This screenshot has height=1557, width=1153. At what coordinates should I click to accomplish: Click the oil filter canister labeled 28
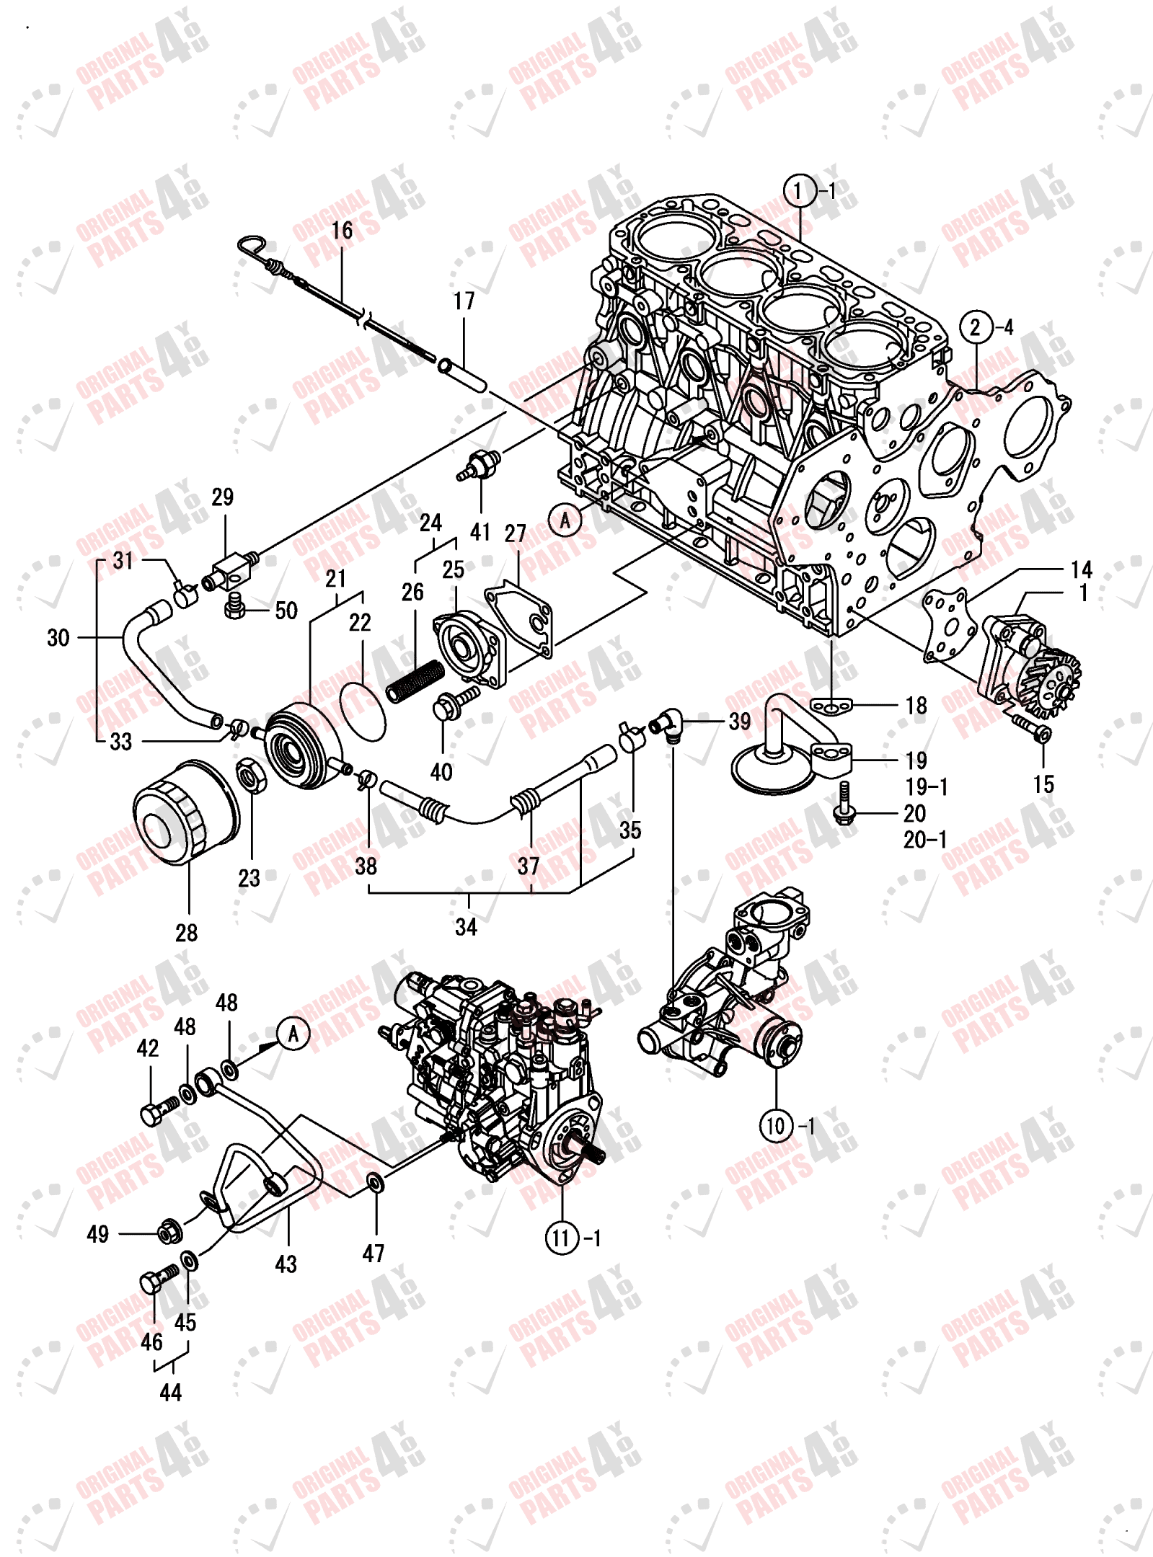pyautogui.click(x=185, y=810)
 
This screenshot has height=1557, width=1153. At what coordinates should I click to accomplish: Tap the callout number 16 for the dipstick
pyautogui.click(x=342, y=231)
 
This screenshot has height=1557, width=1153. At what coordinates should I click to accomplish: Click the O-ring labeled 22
pyautogui.click(x=363, y=711)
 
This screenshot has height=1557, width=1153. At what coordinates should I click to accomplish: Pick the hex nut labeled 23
pyautogui.click(x=251, y=776)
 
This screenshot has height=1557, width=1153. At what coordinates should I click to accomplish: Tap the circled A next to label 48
pyautogui.click(x=293, y=1034)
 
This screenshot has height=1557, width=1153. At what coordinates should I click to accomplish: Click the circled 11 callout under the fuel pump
pyautogui.click(x=562, y=1238)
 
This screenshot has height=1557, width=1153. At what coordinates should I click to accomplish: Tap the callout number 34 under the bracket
pyautogui.click(x=466, y=927)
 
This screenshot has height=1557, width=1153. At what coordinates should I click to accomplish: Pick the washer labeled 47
pyautogui.click(x=376, y=1182)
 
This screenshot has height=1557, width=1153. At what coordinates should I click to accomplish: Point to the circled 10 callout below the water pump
pyautogui.click(x=776, y=1126)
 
